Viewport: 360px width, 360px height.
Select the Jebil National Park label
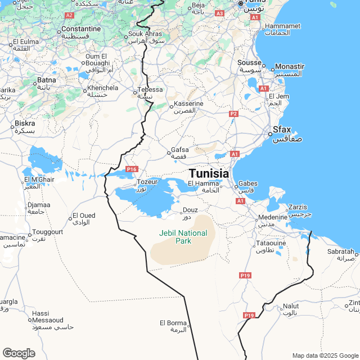point(183,237)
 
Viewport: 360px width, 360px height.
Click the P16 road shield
point(132,169)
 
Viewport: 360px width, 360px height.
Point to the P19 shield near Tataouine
point(245,275)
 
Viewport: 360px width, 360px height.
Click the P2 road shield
point(233,114)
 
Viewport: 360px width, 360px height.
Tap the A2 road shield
point(69,15)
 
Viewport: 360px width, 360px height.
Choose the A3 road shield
point(219,13)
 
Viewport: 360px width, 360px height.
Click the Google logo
point(19,353)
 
